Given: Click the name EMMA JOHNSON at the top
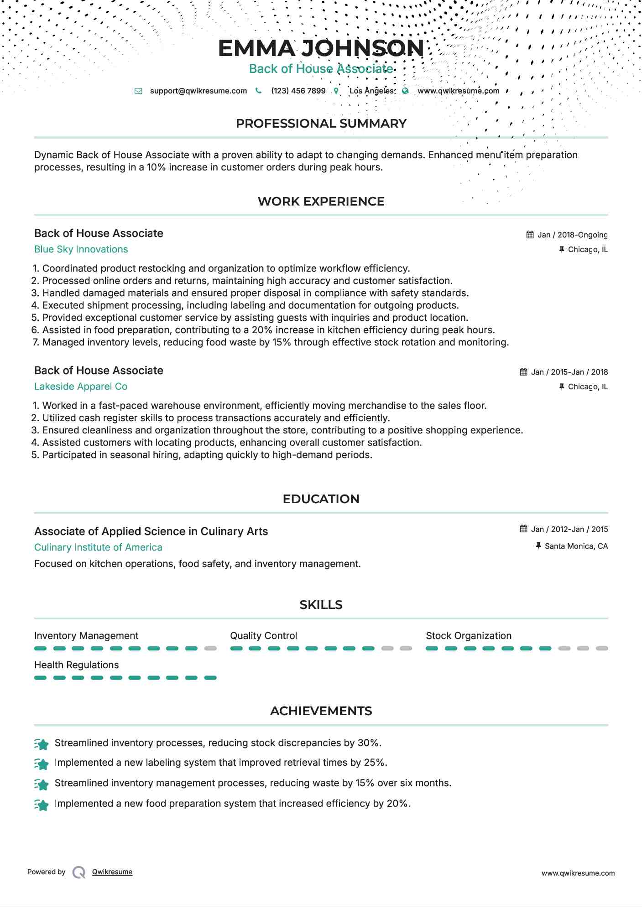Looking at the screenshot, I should (321, 48).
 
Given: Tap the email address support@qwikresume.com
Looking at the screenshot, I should (198, 91).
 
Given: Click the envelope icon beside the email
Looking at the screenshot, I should (138, 91).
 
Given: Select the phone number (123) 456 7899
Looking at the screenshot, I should (298, 91).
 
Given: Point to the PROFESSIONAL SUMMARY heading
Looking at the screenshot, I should (321, 124).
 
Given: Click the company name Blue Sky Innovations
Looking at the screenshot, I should (81, 249).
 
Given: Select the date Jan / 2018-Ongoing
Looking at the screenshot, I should (572, 235).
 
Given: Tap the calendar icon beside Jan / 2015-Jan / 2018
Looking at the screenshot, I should (523, 372).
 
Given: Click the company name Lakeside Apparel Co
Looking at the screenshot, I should (81, 387).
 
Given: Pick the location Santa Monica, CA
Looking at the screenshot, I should (576, 546).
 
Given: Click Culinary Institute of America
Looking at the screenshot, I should (98, 547).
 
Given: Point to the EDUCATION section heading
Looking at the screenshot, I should (321, 499).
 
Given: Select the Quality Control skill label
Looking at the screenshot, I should (263, 636).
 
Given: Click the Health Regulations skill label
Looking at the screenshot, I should (76, 665).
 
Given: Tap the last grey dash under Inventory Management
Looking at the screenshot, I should (210, 648).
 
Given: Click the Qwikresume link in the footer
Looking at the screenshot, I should (112, 872).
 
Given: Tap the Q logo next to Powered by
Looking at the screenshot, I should (79, 872).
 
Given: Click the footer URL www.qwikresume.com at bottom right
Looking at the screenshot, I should (578, 873).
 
